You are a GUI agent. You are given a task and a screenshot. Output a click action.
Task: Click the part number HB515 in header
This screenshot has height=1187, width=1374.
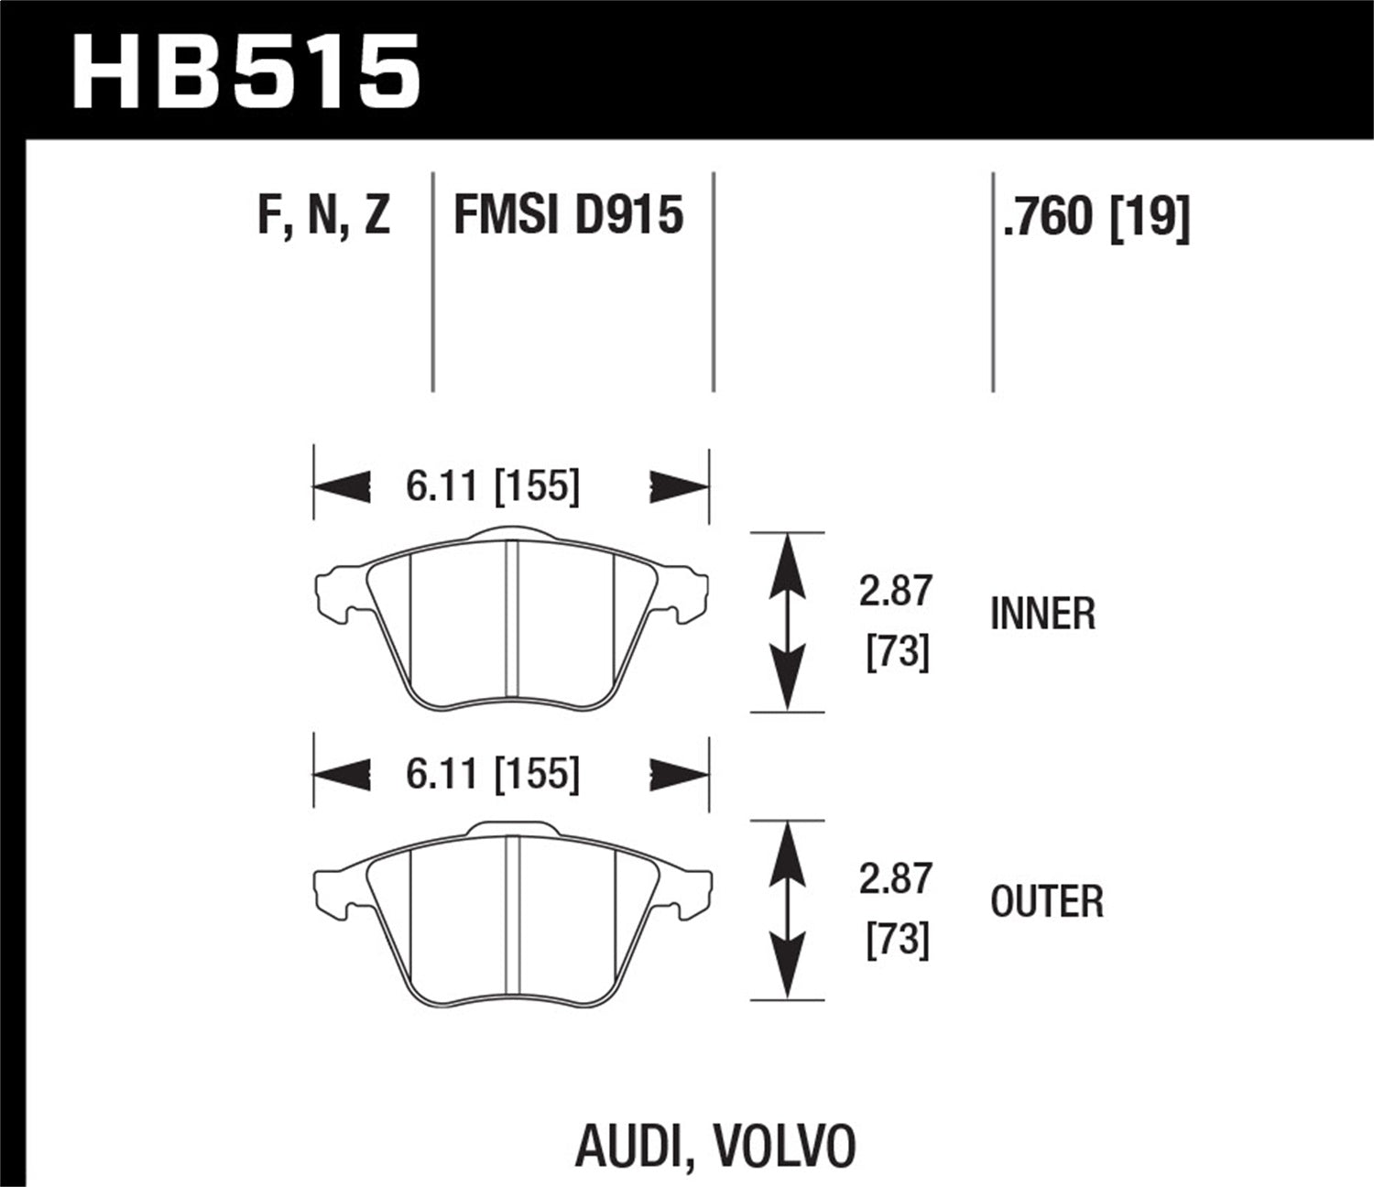click(245, 71)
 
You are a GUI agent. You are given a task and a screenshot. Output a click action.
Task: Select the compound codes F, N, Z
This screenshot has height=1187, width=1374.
click(323, 216)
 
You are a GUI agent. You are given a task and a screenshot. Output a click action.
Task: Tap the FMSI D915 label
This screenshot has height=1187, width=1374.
click(569, 216)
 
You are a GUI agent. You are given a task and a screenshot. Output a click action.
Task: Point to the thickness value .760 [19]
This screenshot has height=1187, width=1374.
click(1096, 218)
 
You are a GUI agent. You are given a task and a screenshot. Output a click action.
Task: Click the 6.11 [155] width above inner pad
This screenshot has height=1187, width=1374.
click(493, 485)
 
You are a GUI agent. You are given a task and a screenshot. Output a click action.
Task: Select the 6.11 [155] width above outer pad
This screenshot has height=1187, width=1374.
click(493, 774)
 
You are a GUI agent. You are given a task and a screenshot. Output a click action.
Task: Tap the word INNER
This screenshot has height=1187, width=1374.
click(1042, 614)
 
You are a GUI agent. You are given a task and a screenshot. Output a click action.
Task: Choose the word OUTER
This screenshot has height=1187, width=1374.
click(1047, 902)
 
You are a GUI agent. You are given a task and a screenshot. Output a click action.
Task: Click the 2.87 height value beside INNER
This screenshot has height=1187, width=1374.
click(895, 591)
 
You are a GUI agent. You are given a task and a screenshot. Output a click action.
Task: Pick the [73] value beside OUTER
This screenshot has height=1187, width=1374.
click(898, 942)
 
